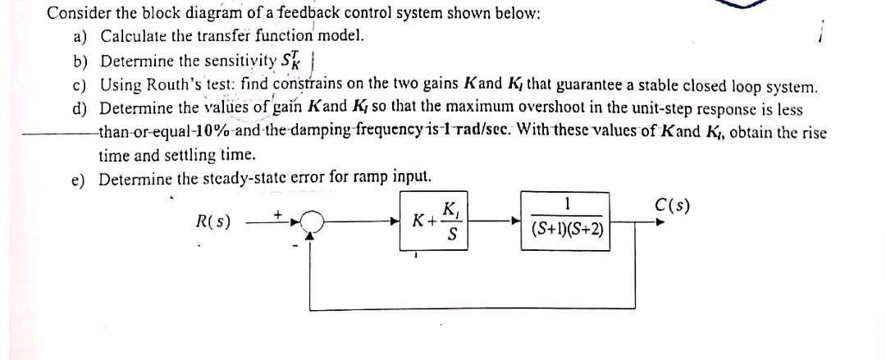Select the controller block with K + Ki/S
click(x=435, y=220)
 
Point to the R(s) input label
click(x=213, y=221)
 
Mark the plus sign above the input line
click(x=278, y=212)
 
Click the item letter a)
click(x=80, y=37)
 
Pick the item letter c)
click(x=80, y=85)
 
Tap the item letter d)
click(x=80, y=109)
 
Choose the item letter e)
click(x=80, y=178)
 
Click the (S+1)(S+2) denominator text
click(x=567, y=230)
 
